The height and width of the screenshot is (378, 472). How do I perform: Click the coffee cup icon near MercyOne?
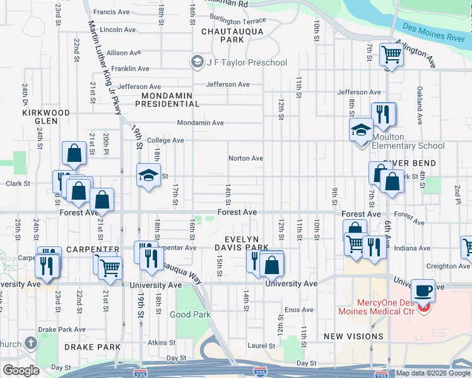(x=422, y=292)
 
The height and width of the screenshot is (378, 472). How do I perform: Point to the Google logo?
(x=21, y=370)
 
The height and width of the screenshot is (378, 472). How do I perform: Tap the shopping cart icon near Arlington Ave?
(x=391, y=55)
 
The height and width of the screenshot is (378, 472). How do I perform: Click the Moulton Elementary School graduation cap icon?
(x=362, y=130)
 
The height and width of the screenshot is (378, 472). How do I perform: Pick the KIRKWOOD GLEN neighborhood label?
(x=46, y=117)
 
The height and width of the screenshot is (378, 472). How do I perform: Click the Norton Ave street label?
(x=245, y=158)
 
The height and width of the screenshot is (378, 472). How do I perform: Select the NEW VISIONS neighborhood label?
(x=353, y=336)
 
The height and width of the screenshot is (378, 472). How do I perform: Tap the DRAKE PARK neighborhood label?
(x=92, y=347)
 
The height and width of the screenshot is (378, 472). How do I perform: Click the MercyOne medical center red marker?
(x=426, y=309)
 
